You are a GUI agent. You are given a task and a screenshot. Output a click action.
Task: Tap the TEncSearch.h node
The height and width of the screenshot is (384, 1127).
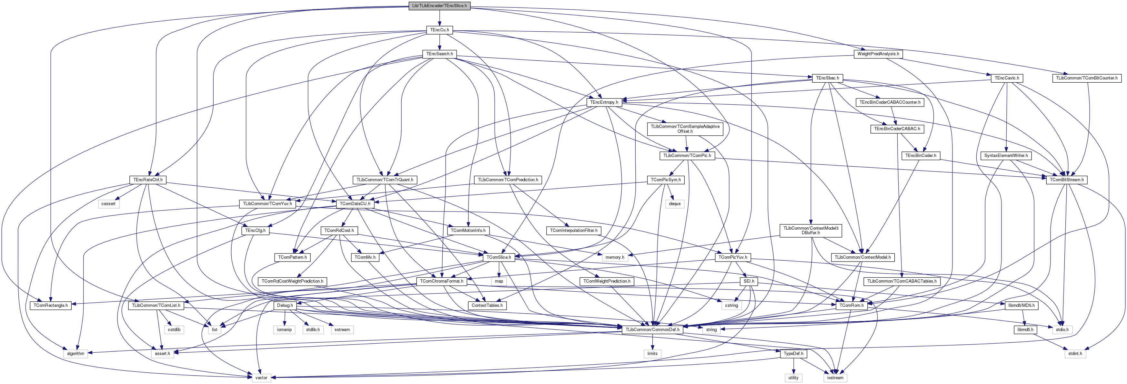click(439, 54)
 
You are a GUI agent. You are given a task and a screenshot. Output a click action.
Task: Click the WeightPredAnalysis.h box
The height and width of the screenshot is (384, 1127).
click(878, 54)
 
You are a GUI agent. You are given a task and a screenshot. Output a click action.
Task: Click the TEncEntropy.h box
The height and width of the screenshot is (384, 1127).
click(604, 102)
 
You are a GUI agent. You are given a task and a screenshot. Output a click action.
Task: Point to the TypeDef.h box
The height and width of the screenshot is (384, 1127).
click(793, 354)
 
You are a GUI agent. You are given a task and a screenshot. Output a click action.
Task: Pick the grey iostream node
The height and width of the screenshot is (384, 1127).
click(835, 378)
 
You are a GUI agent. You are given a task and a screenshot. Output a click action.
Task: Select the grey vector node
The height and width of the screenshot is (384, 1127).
click(261, 378)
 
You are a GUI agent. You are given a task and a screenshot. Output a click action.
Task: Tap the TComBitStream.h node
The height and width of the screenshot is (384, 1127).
click(1067, 180)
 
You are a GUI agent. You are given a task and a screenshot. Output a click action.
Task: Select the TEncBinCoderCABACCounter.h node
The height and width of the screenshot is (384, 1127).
click(890, 102)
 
